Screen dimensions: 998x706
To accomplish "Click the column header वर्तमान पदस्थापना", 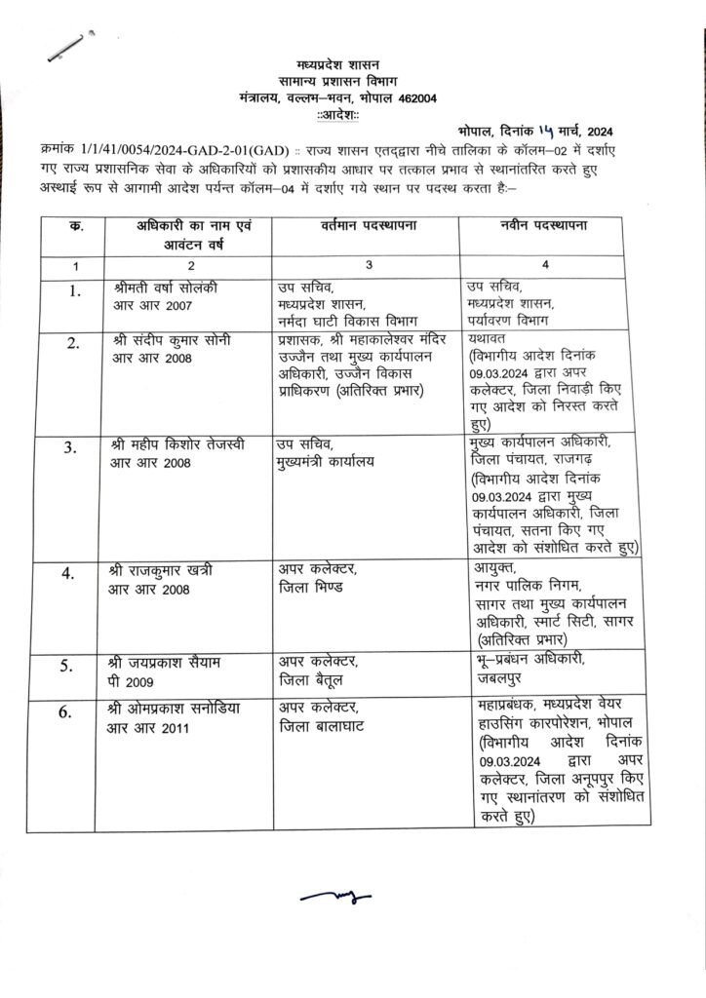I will (x=370, y=227).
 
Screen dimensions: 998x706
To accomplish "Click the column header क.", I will (x=77, y=227).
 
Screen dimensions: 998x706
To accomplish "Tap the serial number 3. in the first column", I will (x=70, y=448).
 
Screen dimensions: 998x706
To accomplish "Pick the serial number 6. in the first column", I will (x=70, y=712).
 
